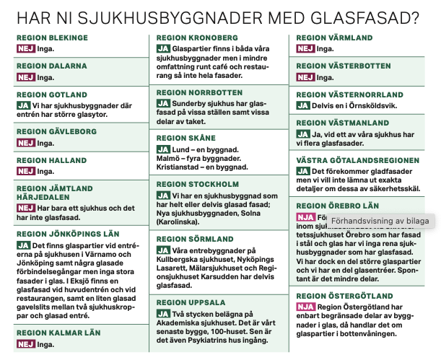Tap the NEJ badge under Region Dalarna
(25, 77)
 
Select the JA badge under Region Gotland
(23, 105)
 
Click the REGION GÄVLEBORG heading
(56, 132)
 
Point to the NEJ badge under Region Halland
(25, 171)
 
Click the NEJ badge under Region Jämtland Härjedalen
(25, 208)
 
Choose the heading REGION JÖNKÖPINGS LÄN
(67, 234)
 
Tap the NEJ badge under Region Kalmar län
(25, 344)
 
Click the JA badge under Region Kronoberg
(163, 48)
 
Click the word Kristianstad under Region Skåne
(179, 167)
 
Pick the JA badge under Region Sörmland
(163, 251)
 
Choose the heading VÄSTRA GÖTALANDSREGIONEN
(358, 159)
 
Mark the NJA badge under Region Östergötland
(305, 307)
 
